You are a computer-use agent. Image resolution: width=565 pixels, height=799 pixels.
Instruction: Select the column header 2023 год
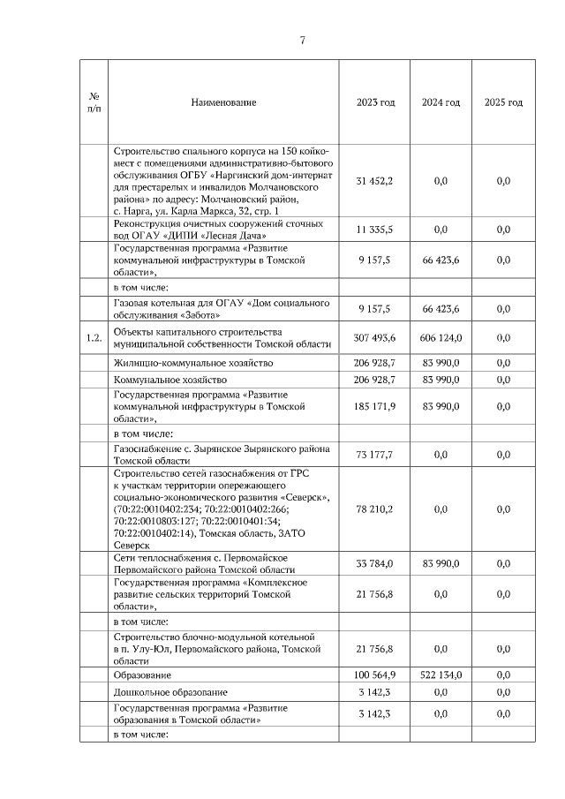375,102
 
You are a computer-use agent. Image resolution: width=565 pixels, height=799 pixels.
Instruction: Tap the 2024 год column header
441,102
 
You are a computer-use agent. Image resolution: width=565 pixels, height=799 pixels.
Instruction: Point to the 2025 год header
503,102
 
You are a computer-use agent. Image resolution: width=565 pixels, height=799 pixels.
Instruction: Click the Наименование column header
223,102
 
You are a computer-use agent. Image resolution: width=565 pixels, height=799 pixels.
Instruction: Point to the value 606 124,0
441,337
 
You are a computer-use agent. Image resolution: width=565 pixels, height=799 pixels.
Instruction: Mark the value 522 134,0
441,675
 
